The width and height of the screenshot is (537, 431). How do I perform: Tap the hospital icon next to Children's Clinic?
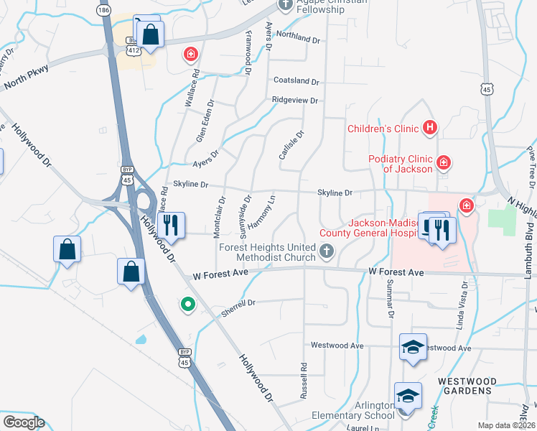coord(430,129)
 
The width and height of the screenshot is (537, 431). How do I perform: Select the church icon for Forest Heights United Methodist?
coord(327,251)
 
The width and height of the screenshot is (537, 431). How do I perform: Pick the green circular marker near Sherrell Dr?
coord(188,305)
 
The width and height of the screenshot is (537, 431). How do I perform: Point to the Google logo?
coord(24,422)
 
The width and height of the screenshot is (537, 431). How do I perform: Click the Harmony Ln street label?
coord(262,208)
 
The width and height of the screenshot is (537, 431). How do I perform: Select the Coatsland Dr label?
coord(296,80)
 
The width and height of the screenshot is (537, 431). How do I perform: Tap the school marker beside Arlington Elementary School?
coord(408,396)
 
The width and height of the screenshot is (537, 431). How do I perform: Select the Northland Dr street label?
coord(296,37)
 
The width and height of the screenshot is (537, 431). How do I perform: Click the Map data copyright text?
coord(505,425)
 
